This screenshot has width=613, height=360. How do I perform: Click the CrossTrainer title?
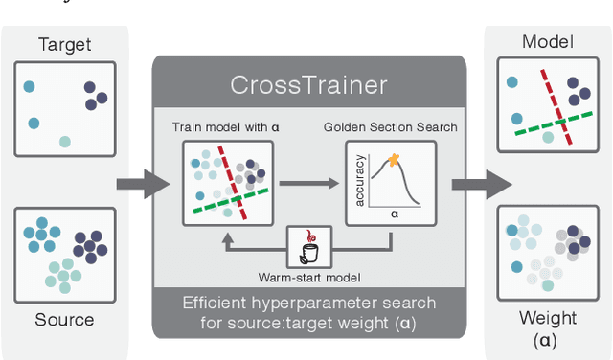point(308,84)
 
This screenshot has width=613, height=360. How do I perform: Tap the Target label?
point(63,45)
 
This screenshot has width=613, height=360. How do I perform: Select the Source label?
point(63,320)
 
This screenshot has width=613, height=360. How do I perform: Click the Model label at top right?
point(548,41)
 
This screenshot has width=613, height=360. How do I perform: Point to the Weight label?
point(548,318)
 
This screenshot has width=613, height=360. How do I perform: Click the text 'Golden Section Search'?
point(391,127)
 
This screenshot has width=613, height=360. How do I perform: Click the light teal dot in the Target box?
point(65,142)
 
